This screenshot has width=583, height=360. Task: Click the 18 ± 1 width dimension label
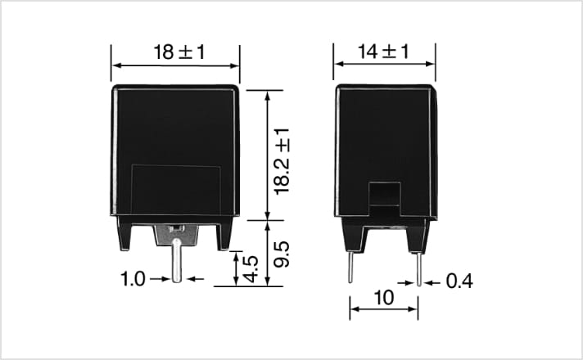[x=179, y=52]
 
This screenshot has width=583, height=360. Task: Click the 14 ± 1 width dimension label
[x=383, y=52]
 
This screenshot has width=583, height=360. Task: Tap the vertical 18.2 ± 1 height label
[x=282, y=161]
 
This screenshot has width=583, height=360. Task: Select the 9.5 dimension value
[x=282, y=254]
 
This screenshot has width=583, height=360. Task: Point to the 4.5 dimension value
[x=251, y=269]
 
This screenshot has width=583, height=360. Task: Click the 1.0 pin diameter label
[x=133, y=279]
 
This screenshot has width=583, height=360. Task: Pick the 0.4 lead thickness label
[x=459, y=281]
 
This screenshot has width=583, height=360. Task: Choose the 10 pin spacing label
[x=384, y=298]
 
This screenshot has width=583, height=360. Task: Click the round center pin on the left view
[x=177, y=260]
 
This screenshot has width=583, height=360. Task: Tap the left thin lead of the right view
[x=350, y=267]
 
